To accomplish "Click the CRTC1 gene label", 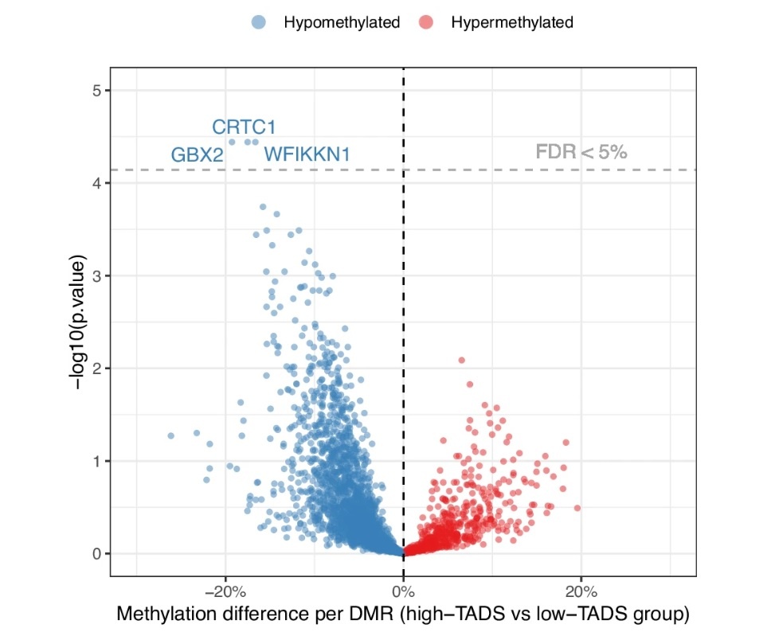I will tap(244, 127).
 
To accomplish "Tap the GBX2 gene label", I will tap(197, 155).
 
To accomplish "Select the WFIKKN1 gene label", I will tap(307, 154).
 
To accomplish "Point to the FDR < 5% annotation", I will tap(581, 151).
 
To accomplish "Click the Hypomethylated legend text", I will tap(342, 22).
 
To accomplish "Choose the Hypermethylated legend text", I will tap(512, 22).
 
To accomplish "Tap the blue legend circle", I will tap(258, 22).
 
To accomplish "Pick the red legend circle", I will tap(425, 22).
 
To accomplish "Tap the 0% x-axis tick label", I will tap(403, 591).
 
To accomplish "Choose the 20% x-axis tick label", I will tap(581, 591).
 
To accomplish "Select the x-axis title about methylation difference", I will tap(402, 615).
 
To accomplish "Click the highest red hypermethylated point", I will tap(461, 361).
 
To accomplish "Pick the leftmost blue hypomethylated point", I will tap(170, 436).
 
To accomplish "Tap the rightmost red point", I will tap(577, 508).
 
